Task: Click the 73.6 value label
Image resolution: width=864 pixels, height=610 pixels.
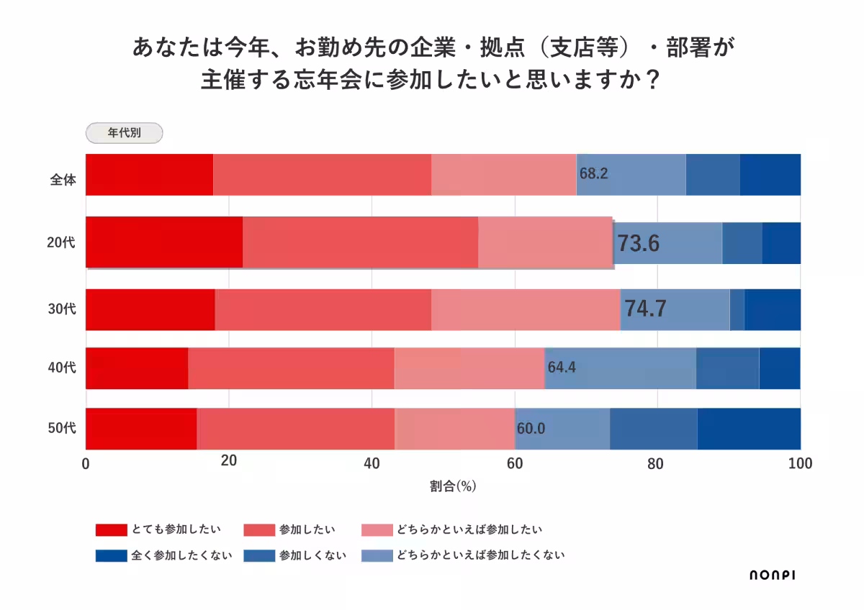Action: point(638,244)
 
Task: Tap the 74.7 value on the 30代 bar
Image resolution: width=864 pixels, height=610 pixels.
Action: point(644,309)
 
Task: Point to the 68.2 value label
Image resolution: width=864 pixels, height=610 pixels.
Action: point(594,173)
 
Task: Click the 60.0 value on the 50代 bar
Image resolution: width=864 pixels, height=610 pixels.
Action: point(531,429)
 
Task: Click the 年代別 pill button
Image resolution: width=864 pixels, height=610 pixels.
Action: point(124,133)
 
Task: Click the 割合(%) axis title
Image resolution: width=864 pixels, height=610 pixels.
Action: point(453,486)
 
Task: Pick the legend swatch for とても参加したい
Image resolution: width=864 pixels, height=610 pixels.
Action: point(111,530)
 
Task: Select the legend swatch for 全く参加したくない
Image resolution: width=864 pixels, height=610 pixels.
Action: point(111,555)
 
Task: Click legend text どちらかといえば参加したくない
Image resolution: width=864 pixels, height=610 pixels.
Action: point(480,555)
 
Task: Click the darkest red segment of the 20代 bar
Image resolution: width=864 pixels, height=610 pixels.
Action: point(164,242)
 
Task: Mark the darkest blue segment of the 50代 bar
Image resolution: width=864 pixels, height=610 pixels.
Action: point(749,429)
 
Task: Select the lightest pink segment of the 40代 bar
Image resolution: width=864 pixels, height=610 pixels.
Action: point(469,368)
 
